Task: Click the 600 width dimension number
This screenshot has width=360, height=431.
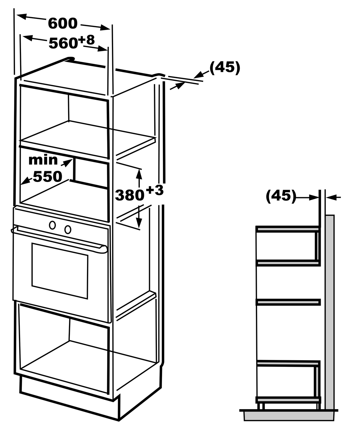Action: coord(63,23)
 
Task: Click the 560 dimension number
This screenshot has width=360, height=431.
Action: coord(63,43)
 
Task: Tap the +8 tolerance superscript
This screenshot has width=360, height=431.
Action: coord(86,40)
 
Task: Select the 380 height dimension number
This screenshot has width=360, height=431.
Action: coord(130,195)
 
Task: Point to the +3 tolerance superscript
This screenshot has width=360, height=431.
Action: coord(155,190)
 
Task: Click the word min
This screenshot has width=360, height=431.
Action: coord(43,160)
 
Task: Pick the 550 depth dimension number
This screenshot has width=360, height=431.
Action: coord(47,177)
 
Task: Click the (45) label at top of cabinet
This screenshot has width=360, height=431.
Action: coord(225,67)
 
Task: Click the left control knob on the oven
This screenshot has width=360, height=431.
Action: coord(52,225)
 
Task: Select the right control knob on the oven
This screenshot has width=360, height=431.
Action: coord(68,230)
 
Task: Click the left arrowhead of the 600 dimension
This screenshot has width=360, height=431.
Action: coord(22,16)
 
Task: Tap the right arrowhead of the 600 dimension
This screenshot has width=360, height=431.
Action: coord(105,28)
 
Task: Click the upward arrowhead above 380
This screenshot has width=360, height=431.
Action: coord(139,174)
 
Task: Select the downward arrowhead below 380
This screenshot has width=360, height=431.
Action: coord(139,223)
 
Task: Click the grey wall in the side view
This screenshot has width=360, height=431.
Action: coord(330,312)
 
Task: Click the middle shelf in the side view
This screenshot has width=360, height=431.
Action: coord(288,302)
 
